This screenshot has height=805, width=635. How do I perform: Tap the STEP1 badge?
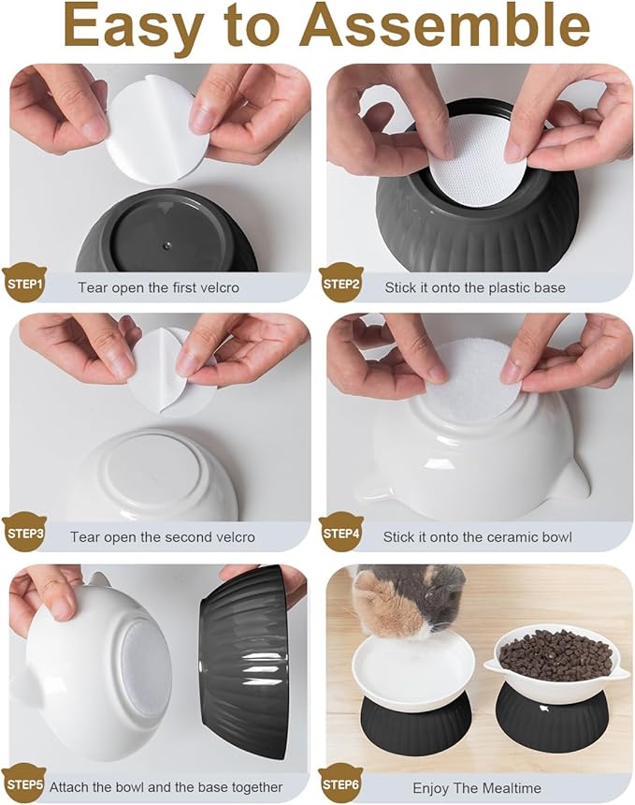tap(24, 284)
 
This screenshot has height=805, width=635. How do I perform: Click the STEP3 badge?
tap(24, 534)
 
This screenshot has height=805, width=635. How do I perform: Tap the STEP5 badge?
tap(24, 784)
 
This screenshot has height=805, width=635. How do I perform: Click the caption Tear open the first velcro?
tap(158, 287)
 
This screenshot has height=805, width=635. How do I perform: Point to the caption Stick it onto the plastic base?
tap(475, 287)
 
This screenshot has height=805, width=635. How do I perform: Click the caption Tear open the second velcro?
tap(162, 537)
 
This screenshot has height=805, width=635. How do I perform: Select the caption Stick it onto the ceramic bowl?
tap(477, 537)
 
